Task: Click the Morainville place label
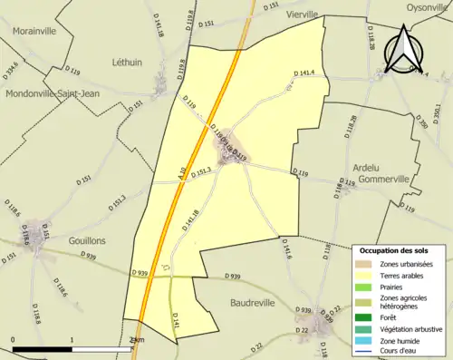(36, 30)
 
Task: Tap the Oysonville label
(422, 7)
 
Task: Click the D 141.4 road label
(304, 73)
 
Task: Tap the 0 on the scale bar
(13, 340)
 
